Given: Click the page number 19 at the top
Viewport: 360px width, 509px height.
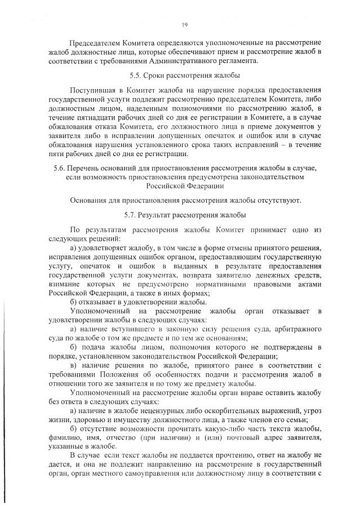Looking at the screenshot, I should click(184, 24).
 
